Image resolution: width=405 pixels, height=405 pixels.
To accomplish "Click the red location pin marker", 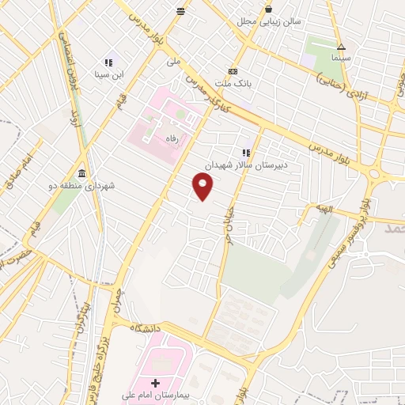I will (203, 187).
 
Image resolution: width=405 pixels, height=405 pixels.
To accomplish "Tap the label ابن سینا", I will (108, 75).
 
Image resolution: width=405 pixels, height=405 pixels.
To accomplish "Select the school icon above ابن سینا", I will (108, 62).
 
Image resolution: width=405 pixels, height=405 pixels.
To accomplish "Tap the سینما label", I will (341, 59).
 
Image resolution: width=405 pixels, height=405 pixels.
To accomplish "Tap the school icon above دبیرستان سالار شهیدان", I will (246, 153).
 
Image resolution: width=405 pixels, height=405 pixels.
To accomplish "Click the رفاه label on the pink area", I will (170, 138).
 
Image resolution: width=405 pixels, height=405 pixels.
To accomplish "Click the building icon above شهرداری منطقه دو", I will (82, 174).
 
